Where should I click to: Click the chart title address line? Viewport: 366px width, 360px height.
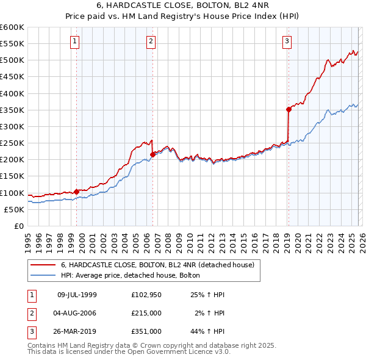pyautogui.click(x=182, y=7)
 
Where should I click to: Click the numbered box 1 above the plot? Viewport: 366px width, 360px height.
pyautogui.click(x=74, y=41)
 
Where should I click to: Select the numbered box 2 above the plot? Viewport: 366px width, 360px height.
pyautogui.click(x=151, y=41)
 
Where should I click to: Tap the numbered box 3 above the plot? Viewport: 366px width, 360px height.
pyautogui.click(x=287, y=41)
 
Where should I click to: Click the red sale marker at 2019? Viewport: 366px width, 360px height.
pyautogui.click(x=289, y=110)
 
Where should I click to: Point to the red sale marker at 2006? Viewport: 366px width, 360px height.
pyautogui.click(x=152, y=154)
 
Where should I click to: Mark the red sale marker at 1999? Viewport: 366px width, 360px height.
pyautogui.click(x=76, y=192)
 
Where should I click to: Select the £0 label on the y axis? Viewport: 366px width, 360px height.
pyautogui.click(x=18, y=226)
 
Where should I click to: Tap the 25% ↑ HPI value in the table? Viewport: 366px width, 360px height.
pyautogui.click(x=207, y=294)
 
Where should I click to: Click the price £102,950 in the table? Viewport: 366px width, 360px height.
pyautogui.click(x=145, y=294)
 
